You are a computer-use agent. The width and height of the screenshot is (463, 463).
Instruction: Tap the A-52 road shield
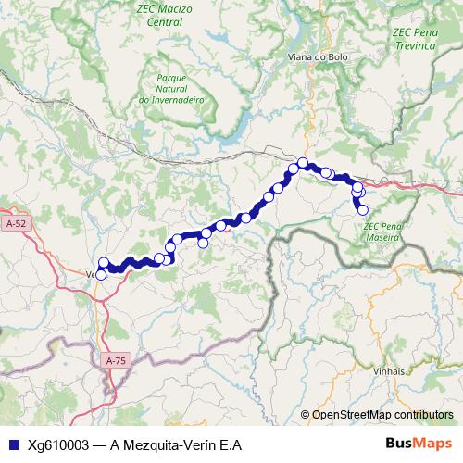[x=16, y=224]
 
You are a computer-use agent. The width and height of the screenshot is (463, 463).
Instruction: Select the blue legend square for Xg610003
[x=12, y=444]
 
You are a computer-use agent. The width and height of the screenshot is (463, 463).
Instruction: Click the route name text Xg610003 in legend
[x=59, y=444]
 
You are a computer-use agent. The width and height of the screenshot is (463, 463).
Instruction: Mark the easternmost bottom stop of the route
[x=363, y=210]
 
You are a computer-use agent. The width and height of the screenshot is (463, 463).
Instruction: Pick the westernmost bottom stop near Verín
[x=101, y=274]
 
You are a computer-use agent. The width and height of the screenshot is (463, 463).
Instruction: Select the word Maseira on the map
[x=381, y=237]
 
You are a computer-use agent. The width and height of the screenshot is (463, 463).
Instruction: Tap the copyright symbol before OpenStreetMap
[x=305, y=415]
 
